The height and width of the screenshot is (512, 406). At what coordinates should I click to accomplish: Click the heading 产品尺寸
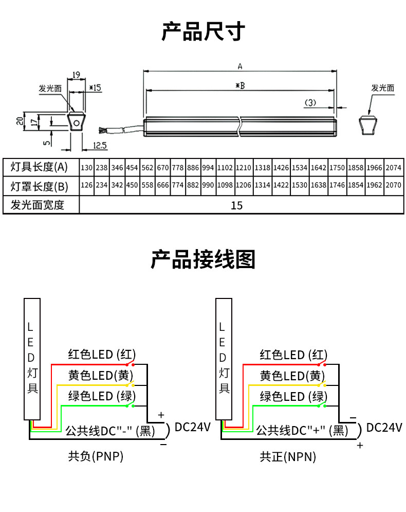pos(203,31)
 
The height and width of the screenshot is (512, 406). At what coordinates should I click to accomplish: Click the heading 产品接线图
pos(203,259)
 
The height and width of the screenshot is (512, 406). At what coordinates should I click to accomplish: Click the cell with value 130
pos(87,168)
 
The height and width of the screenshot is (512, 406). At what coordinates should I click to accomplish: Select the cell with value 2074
pos(393,168)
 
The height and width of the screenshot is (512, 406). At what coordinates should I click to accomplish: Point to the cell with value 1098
pos(225,186)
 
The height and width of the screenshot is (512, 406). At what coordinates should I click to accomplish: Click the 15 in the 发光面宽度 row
pos(236,205)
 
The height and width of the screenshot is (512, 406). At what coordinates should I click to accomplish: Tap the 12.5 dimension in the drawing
pos(100,146)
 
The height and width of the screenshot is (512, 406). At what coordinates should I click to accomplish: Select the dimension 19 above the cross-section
pos(76,75)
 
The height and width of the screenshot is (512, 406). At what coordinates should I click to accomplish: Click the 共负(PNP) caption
pos(96,456)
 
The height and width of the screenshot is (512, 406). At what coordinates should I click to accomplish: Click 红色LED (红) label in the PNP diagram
pos(102,355)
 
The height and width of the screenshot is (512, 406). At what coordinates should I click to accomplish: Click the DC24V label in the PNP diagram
pos(193,427)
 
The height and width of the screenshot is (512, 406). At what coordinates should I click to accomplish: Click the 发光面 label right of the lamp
pos(383,88)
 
